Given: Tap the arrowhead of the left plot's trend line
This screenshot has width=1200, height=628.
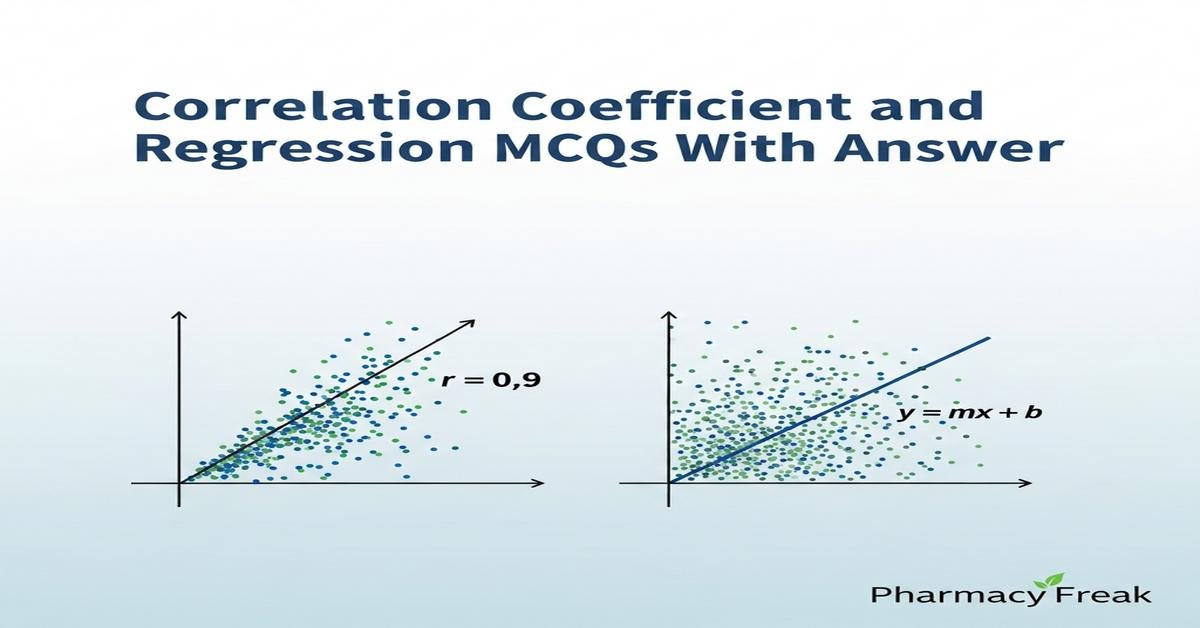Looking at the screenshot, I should coord(469,321).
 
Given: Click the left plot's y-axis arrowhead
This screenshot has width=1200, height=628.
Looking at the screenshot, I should coord(180,316).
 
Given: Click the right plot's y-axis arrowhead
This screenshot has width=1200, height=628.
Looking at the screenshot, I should coord(669,316).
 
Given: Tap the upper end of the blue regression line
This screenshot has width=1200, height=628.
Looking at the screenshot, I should coord(989,338).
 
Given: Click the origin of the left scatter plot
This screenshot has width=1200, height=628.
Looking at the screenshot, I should coord(180,483).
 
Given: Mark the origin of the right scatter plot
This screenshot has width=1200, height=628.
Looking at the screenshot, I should coord(669,483).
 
